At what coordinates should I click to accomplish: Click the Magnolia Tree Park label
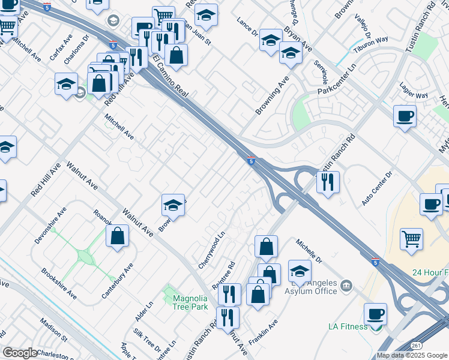click(x=190, y=302)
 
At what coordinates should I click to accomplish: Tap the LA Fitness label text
click(x=348, y=327)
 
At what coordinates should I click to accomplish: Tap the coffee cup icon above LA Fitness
click(x=375, y=314)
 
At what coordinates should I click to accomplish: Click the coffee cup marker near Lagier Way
click(x=405, y=116)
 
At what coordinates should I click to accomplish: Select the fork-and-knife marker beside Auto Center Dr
click(x=328, y=182)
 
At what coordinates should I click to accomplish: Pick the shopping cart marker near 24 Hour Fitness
click(x=411, y=238)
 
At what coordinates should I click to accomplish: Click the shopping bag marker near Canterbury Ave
click(x=118, y=235)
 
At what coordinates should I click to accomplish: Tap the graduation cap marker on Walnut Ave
click(x=172, y=205)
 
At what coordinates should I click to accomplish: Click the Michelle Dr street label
click(x=309, y=251)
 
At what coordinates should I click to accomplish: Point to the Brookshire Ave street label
click(x=59, y=284)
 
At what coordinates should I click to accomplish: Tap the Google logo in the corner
click(x=20, y=353)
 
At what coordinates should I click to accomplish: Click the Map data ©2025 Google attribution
click(x=412, y=355)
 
